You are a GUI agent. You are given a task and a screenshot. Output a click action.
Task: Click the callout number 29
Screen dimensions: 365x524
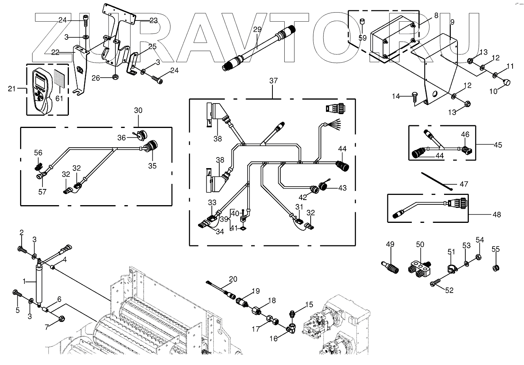(257, 30)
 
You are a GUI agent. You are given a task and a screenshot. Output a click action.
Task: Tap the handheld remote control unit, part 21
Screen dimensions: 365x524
(42, 90)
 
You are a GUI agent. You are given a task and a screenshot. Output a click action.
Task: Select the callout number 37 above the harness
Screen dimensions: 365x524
(273, 81)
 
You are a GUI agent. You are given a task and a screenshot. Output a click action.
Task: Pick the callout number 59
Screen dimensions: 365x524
(362, 38)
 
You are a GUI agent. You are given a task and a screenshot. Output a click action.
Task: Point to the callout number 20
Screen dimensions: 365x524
(233, 279)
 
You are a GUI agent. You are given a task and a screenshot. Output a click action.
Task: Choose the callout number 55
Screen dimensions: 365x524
(495, 249)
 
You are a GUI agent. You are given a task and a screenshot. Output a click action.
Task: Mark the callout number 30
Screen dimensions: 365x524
(138, 111)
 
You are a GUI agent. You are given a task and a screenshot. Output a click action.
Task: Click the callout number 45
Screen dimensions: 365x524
(498, 145)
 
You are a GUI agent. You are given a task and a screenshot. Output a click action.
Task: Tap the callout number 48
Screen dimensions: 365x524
(497, 215)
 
